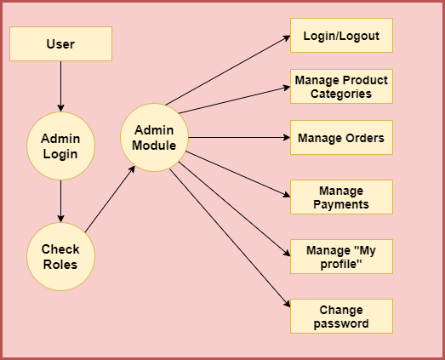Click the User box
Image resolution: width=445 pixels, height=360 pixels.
[60, 43]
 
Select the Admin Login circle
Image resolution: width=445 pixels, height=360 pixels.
[60, 146]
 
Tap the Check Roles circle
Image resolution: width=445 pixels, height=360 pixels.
[60, 256]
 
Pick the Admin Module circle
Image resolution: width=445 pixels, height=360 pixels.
[154, 137]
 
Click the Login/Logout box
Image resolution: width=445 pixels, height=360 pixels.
[341, 35]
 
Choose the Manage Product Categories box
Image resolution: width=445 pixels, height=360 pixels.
[341, 86]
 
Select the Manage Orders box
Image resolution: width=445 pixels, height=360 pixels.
[341, 137]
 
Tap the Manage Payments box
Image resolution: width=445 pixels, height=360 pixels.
[341, 197]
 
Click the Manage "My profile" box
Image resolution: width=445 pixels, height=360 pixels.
[341, 256]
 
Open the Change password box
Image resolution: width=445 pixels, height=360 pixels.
[341, 316]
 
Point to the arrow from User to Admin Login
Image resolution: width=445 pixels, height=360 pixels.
[60, 86]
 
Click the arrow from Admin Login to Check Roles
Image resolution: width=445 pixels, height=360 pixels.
[60, 201]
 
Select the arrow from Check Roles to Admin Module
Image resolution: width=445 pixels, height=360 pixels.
[110, 199]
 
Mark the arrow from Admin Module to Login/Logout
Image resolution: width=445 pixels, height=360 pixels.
[228, 70]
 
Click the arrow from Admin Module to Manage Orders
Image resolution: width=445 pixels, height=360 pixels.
[239, 137]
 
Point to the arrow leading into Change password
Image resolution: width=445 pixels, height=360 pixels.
[230, 238]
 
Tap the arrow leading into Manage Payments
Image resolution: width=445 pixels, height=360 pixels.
[238, 174]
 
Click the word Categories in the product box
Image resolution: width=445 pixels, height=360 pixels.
[341, 94]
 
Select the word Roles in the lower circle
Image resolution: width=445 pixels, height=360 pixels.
[60, 265]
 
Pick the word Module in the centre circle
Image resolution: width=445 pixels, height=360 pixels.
[154, 146]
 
